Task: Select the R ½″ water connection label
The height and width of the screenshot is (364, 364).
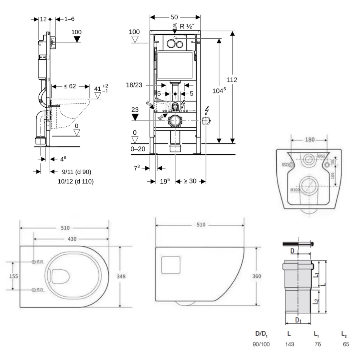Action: (x=187, y=26)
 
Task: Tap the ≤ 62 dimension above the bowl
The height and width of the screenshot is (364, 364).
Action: (x=70, y=86)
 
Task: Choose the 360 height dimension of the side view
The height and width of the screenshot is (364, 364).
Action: (x=257, y=276)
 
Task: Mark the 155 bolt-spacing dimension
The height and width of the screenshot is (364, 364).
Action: (x=13, y=276)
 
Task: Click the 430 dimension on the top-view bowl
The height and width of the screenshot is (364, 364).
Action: (x=72, y=239)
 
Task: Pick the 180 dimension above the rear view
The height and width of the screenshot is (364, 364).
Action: (x=310, y=140)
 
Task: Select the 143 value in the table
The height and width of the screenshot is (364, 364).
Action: (x=290, y=344)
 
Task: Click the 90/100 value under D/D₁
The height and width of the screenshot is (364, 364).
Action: (x=262, y=344)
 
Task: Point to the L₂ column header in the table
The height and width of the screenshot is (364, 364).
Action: (x=344, y=333)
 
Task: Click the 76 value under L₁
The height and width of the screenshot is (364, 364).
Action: (x=317, y=344)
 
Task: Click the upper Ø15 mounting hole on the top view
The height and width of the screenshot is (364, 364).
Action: (x=34, y=262)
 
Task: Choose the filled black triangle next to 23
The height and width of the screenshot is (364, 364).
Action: (x=135, y=117)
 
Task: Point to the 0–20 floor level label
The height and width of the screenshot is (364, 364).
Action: (x=138, y=149)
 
